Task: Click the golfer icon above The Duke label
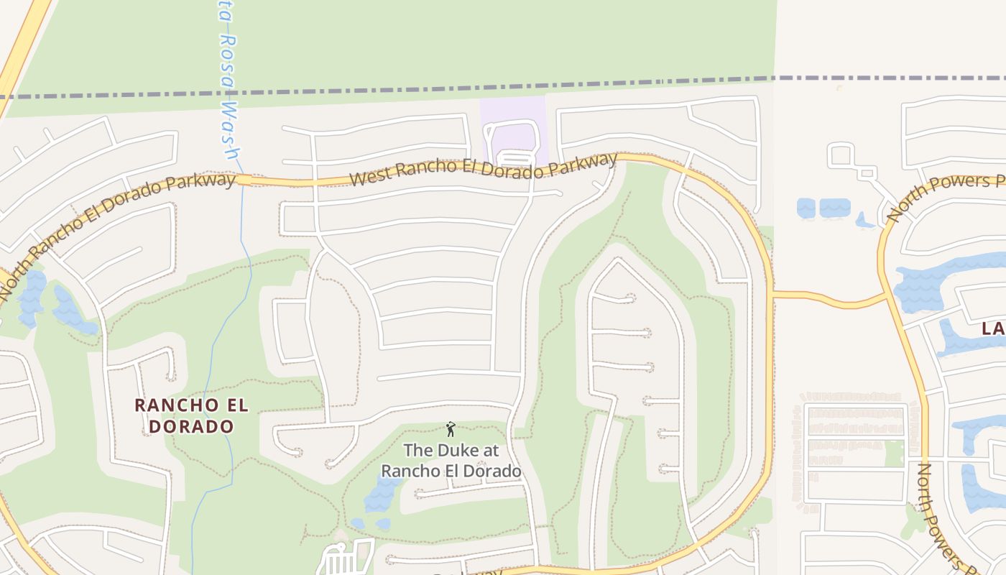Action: pos(451,429)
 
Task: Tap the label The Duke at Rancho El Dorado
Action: pos(451,461)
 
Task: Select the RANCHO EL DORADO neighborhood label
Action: pos(192,415)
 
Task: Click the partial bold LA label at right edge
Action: pos(992,329)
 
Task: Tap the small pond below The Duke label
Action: pos(382,495)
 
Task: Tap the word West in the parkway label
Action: pos(369,177)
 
